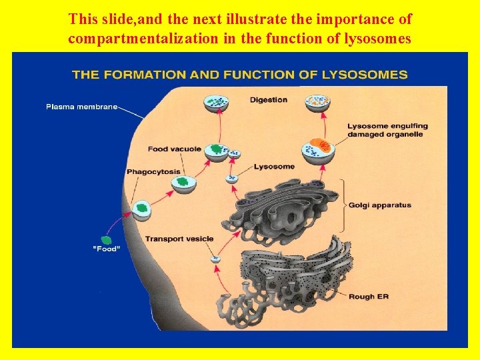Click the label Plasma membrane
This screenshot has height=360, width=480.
(81, 106)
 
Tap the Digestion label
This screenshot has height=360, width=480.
(269, 100)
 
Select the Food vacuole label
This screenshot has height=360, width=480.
(174, 149)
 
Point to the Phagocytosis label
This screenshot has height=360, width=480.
(153, 171)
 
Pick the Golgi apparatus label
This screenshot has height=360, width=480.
(379, 205)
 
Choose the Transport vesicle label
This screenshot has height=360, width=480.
(179, 239)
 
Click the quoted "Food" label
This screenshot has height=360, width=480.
(106, 249)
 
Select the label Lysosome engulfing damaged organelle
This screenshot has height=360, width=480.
(387, 130)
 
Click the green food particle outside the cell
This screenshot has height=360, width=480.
(105, 239)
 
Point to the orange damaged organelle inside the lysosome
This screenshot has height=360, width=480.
(322, 145)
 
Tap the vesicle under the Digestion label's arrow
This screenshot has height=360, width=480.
(216, 103)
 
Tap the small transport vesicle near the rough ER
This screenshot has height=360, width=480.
(215, 259)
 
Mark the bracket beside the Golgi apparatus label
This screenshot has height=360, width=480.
(343, 205)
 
